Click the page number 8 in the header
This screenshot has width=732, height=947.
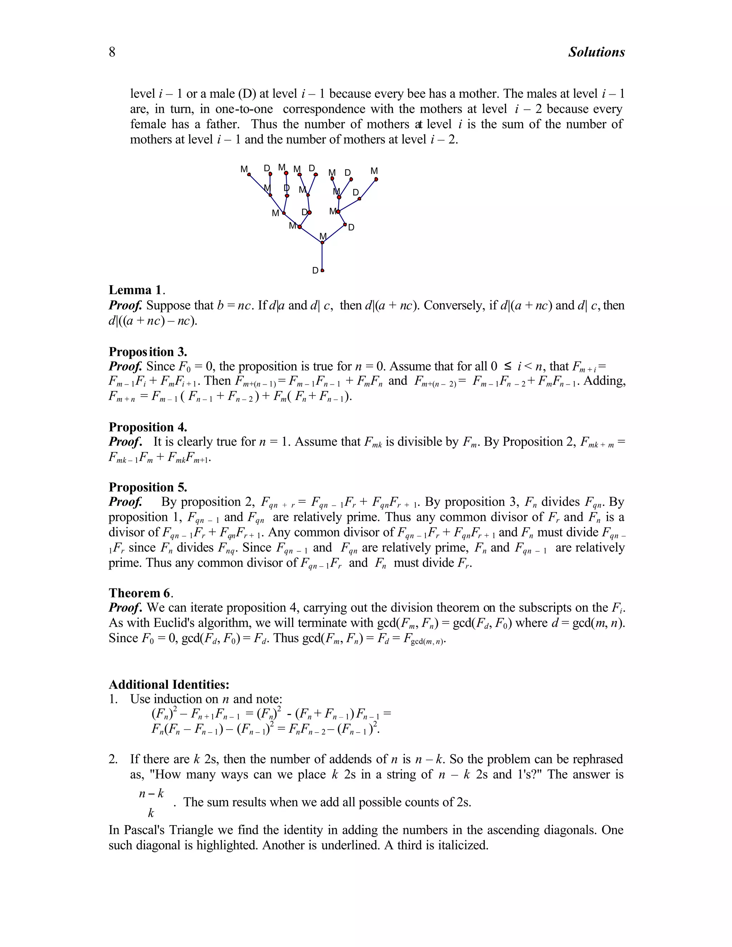(112, 52)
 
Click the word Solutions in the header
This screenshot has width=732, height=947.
(596, 52)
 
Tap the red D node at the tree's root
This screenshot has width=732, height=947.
(322, 271)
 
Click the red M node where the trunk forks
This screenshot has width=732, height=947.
(322, 242)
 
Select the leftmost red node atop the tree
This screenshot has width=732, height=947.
(249, 175)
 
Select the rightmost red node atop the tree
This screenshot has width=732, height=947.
(376, 179)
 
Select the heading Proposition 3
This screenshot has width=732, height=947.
(148, 351)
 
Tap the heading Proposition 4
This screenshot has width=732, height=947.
(148, 427)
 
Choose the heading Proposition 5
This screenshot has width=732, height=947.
(148, 487)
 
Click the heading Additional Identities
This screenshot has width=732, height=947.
(169, 685)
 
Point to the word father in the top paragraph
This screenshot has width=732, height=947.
(221, 124)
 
